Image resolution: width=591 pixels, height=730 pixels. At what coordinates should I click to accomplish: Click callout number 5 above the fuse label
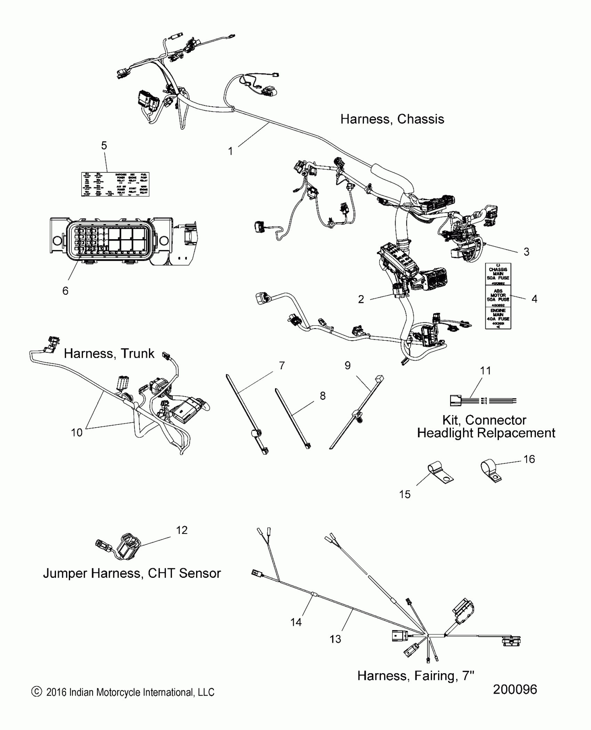[x=104, y=146]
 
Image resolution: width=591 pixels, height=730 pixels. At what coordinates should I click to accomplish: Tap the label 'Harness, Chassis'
[x=392, y=119]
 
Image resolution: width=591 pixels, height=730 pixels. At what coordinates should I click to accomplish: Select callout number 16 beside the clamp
[x=529, y=460]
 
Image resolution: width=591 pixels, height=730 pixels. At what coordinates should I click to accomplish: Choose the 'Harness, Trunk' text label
[x=109, y=354]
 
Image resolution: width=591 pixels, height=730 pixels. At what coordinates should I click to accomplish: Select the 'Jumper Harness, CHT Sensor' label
[x=132, y=573]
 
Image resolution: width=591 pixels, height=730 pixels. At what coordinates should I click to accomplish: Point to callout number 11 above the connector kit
[x=485, y=371]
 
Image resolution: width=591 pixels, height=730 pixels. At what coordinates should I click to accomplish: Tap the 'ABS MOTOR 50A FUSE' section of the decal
[x=498, y=297]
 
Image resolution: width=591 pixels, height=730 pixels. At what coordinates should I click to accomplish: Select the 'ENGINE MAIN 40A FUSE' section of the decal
[x=498, y=317]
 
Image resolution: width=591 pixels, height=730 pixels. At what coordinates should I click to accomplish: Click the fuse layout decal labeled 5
[x=115, y=184]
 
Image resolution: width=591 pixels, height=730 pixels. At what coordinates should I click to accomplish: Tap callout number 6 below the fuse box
[x=65, y=291]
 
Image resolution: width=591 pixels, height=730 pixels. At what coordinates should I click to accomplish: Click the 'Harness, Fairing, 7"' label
[x=416, y=676]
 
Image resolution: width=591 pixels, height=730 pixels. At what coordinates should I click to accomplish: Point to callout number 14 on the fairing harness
[x=296, y=622]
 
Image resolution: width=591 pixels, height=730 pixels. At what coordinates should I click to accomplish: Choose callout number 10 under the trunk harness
[x=76, y=432]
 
